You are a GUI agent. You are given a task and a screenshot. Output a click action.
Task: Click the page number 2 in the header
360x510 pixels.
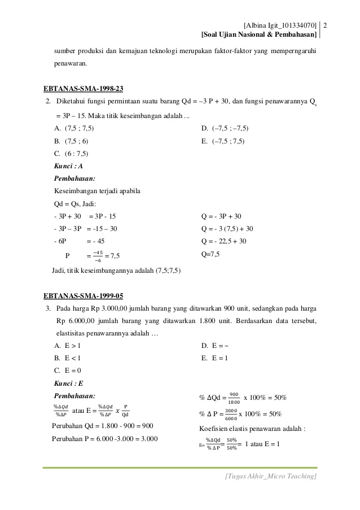(328, 25)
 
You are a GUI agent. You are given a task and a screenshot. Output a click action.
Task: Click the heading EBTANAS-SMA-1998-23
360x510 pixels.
(84, 88)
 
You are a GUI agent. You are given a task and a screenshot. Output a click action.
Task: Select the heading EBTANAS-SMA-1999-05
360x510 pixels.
(84, 295)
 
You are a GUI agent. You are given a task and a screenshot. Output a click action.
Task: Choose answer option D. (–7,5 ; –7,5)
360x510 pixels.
(225, 128)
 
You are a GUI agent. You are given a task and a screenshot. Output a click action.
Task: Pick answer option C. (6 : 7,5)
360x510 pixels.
(71, 153)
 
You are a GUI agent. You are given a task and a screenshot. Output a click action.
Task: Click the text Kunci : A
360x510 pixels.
(68, 166)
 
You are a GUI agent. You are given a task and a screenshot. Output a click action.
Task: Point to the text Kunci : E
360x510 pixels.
(68, 383)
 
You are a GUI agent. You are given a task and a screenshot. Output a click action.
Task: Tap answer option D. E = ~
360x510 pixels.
(214, 345)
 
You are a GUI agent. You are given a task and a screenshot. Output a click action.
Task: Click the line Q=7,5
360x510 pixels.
(210, 254)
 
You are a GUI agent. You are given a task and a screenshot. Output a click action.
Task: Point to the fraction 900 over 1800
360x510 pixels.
(234, 398)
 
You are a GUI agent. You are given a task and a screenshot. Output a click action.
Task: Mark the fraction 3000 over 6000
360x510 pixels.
(230, 414)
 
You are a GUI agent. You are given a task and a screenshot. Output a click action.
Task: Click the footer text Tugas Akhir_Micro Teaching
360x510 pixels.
(271, 477)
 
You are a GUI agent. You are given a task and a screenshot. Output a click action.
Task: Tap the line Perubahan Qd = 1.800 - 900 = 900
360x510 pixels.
(103, 425)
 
